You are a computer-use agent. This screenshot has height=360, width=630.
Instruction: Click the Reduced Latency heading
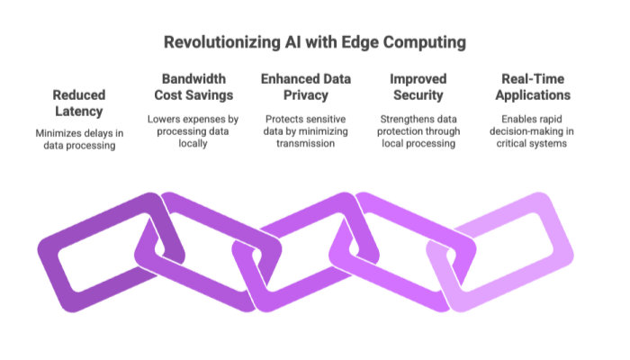point(79,102)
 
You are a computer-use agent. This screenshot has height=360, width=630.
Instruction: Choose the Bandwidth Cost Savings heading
point(194,87)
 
